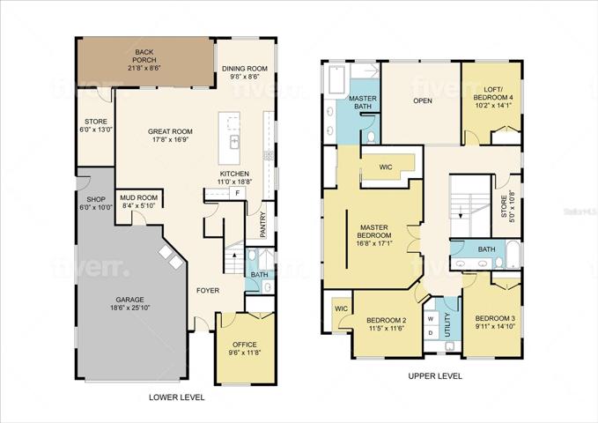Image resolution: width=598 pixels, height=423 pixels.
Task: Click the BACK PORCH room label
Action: click(144, 56)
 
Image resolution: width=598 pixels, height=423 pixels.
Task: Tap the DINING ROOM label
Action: click(245, 69)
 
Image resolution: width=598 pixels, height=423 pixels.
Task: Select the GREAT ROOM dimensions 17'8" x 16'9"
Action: click(170, 139)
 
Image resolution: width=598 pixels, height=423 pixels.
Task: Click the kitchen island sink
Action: click(234, 142)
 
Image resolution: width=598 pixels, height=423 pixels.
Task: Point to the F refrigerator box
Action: click(237, 193)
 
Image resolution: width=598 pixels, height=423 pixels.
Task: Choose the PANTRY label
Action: click(262, 225)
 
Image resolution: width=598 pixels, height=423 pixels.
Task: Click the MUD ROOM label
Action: click(139, 197)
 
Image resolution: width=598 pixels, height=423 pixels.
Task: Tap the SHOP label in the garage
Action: click(96, 199)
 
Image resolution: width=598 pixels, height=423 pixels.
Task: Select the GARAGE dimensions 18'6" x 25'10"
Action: click(130, 308)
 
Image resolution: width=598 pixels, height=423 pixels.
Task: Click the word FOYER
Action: click(208, 291)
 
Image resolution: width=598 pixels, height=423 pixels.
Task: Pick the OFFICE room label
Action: click(245, 345)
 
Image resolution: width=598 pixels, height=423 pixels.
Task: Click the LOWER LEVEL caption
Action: click(176, 397)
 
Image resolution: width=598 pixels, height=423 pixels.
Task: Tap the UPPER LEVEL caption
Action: click(435, 376)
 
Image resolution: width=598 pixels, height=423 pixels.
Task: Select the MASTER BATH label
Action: click(363, 102)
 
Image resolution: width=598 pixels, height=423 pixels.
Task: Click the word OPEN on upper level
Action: click(423, 100)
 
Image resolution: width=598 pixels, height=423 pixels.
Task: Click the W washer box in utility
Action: click(431, 318)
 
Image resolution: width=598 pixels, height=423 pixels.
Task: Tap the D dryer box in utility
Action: click(431, 332)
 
